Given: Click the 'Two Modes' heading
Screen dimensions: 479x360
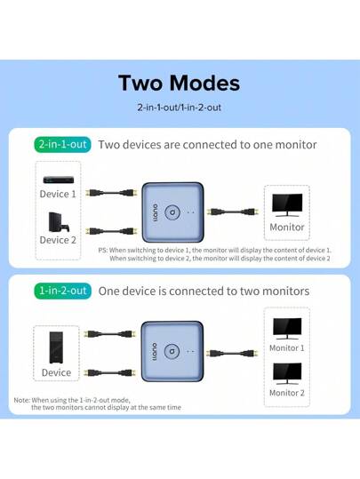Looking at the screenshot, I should pos(180,84).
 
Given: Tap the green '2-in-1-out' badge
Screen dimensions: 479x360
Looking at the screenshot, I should pos(61,144).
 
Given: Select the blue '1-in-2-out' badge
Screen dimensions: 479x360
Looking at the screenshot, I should pos(61,291).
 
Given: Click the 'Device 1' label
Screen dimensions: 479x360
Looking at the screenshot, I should pos(59,194).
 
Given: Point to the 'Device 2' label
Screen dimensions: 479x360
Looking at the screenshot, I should pos(59,239).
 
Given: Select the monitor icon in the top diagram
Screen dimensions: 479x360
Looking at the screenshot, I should pos(286,204).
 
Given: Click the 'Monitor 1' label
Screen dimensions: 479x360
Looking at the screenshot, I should pos(286,347).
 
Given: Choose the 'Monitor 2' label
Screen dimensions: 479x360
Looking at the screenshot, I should pos(286,392).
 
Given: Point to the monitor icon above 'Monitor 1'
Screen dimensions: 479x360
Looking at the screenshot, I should pos(286,326).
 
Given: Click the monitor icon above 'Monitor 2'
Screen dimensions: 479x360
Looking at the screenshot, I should pos(286,371).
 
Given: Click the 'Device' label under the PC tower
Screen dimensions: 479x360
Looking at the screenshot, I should pos(57,373).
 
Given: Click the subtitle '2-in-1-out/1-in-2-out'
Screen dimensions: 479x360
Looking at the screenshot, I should pos(180,108).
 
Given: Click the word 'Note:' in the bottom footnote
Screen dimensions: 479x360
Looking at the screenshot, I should pos(22,400).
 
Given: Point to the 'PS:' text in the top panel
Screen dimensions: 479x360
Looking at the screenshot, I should pos(103,251).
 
